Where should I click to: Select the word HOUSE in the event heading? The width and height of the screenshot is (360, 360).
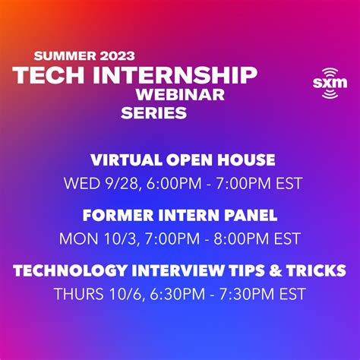click(x=244, y=160)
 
